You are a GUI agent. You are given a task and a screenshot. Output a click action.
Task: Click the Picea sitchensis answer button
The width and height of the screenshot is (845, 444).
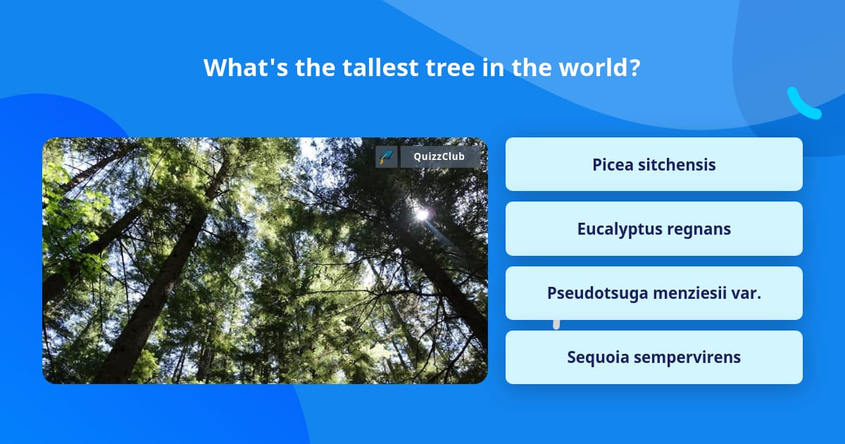coord(653,164)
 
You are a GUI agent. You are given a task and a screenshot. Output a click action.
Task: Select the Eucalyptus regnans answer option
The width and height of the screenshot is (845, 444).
coord(653,229)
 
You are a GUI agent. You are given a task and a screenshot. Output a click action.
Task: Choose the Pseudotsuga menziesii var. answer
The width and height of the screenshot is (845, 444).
coord(653,293)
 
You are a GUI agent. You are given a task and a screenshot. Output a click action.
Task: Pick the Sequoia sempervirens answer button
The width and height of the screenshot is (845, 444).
coord(653,357)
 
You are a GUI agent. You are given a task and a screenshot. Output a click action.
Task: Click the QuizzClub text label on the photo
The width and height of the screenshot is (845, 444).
coord(440,156)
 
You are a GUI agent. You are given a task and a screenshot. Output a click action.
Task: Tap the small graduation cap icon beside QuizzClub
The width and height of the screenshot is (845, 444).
coord(387,156)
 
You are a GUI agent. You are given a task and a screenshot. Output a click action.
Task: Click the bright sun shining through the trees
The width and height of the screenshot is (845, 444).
coord(422,212)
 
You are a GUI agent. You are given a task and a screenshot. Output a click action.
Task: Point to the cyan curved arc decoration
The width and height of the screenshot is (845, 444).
coord(803,104)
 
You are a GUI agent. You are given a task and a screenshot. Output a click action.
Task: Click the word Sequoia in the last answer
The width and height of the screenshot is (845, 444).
coord(598,357)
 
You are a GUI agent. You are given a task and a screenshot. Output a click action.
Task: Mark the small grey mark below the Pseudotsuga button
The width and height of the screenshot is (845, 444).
coord(556,324)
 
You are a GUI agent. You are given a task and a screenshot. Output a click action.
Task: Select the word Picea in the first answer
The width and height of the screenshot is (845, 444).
coord(612,164)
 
